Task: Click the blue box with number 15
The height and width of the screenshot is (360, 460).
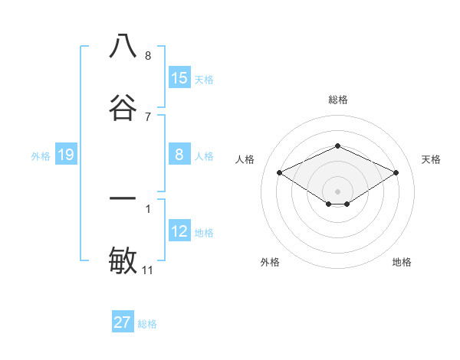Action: (179, 78)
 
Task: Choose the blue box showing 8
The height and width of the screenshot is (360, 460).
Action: (179, 155)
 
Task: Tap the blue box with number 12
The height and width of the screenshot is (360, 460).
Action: (179, 231)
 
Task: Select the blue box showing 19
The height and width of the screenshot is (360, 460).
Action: (66, 155)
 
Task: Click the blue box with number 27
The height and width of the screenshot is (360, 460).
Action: (123, 322)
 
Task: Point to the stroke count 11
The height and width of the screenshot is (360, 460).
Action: (148, 270)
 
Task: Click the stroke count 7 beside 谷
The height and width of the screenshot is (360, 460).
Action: (148, 116)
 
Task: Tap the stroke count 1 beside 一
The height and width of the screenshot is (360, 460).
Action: (148, 208)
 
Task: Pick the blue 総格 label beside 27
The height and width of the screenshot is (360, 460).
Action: (147, 324)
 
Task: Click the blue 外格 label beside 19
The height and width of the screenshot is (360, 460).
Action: (41, 156)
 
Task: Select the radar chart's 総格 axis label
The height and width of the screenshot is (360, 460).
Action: (337, 100)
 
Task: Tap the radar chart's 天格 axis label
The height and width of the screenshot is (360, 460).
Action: (431, 159)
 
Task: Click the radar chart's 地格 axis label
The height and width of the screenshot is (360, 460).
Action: (402, 262)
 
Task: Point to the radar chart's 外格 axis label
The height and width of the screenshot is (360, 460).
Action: (270, 262)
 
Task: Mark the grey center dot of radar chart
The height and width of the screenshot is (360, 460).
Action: (337, 191)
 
